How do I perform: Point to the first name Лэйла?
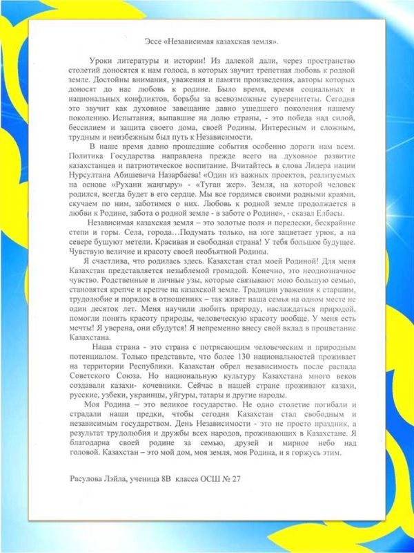pos(124,478)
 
